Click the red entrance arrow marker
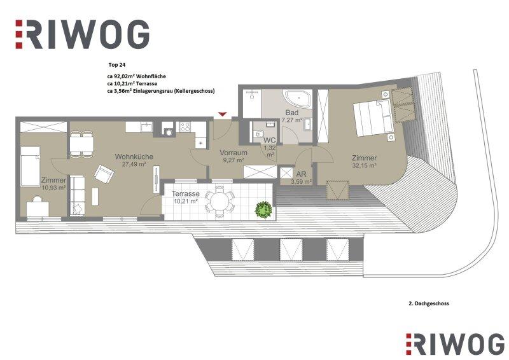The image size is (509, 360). click(222, 114)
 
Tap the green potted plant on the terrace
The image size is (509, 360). click(263, 209)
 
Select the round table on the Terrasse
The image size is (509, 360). click(220, 202)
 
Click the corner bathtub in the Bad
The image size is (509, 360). click(298, 100)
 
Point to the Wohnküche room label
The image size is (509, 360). click(134, 157)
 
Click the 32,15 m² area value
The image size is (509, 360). click(364, 165)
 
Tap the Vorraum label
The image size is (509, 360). click(234, 153)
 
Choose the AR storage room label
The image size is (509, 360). click(301, 174)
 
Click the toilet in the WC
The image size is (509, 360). click(258, 134)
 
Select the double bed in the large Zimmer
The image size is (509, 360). click(374, 118)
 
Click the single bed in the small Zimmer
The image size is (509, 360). click(30, 166)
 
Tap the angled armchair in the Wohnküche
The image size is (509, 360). click(104, 174)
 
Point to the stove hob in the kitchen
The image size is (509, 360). click(185, 127)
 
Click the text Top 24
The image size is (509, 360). click(117, 65)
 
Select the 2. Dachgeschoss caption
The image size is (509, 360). click(428, 303)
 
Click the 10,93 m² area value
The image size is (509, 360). click(53, 187)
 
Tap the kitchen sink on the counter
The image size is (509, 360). click(146, 127)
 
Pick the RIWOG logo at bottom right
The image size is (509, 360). click(455, 343)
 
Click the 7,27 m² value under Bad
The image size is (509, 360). click(292, 120)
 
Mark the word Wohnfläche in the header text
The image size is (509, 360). click(151, 76)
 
